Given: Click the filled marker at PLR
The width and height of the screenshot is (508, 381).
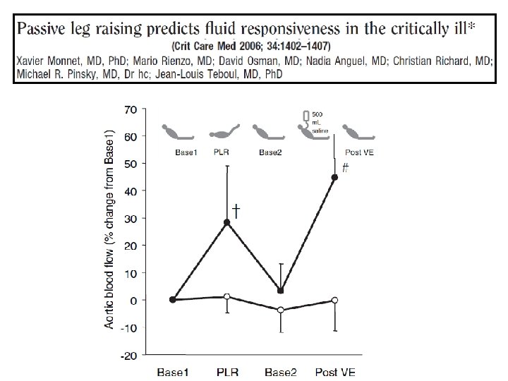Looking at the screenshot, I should (x=226, y=222).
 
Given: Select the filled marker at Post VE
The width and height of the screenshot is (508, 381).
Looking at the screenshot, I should (x=334, y=177).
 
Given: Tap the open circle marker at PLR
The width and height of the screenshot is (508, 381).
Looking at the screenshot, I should (x=226, y=297).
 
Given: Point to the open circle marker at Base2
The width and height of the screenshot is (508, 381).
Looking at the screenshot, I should (x=280, y=310).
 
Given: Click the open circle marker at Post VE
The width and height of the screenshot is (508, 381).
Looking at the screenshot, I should (x=334, y=300).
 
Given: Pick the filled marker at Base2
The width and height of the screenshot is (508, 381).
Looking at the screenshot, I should (x=280, y=291).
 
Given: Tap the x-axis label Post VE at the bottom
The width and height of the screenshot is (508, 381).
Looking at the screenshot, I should (x=334, y=372).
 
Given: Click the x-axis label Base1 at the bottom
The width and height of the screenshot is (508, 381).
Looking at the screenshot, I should (x=173, y=372).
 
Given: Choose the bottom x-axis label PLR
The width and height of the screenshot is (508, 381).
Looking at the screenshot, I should (x=226, y=372).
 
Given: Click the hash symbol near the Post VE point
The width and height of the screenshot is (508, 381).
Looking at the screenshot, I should (x=345, y=168).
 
